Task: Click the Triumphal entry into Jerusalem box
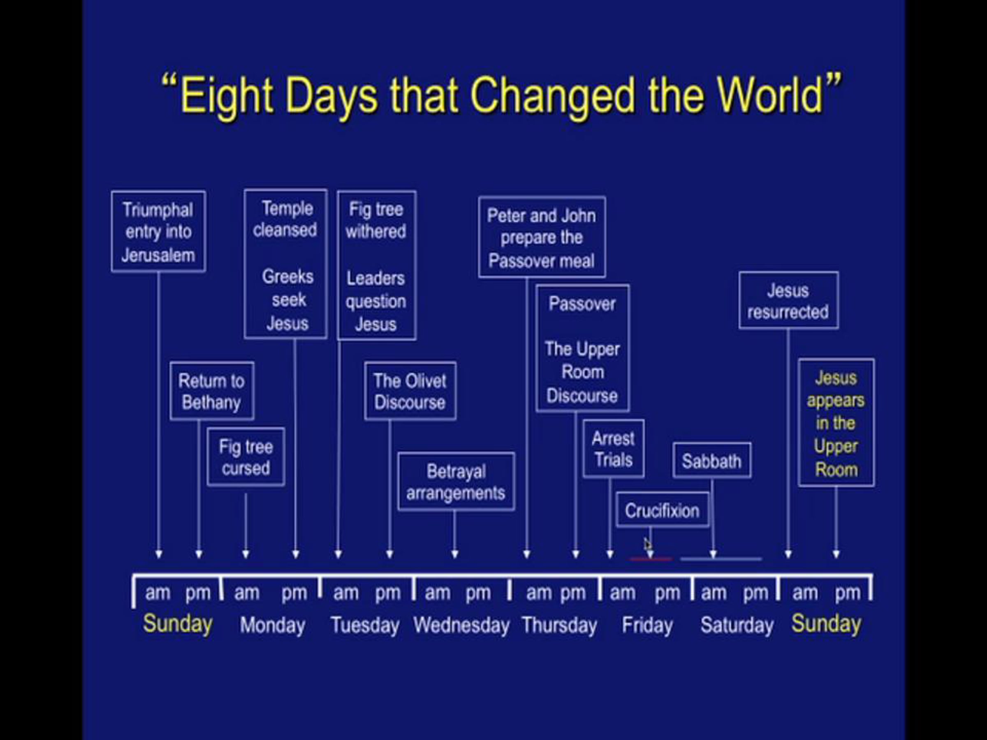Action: point(158,231)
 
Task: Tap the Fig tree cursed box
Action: point(246,457)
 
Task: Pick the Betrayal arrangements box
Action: point(456,482)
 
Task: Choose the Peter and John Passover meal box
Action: point(542,237)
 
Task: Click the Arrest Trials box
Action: point(614,449)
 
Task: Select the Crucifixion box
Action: point(663,510)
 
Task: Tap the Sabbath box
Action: point(712,460)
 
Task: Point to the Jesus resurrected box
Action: point(788,301)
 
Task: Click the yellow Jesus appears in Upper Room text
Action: point(836,423)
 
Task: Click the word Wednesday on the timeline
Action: point(461,625)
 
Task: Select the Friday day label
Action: point(647,625)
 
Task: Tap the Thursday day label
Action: point(560,625)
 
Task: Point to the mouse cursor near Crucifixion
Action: point(648,544)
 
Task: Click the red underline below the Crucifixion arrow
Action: point(651,559)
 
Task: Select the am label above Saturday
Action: point(714,593)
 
